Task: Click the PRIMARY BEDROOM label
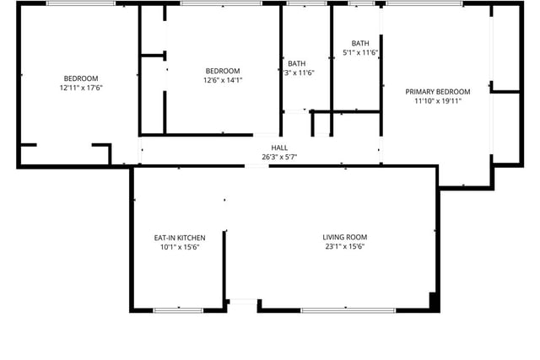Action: (437, 92)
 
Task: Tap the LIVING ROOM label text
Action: (345, 237)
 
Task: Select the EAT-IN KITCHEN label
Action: (180, 238)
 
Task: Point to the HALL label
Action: (279, 148)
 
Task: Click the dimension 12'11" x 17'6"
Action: (81, 88)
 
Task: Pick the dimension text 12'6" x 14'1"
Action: (223, 80)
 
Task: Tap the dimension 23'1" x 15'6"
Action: (345, 246)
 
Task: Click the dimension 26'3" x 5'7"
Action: (279, 158)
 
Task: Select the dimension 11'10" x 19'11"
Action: (438, 101)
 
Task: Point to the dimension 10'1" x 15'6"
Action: (180, 247)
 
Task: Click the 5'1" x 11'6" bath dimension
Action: (360, 52)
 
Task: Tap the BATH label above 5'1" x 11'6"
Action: (360, 43)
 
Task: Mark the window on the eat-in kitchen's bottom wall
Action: (178, 310)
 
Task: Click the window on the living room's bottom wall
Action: (348, 310)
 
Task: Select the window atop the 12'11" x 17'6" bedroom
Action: (81, 3)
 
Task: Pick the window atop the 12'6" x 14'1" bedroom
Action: (221, 3)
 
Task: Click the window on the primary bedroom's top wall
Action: (424, 3)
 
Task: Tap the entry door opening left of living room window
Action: (243, 302)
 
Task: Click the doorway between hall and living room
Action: (256, 166)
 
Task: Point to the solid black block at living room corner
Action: (435, 302)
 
